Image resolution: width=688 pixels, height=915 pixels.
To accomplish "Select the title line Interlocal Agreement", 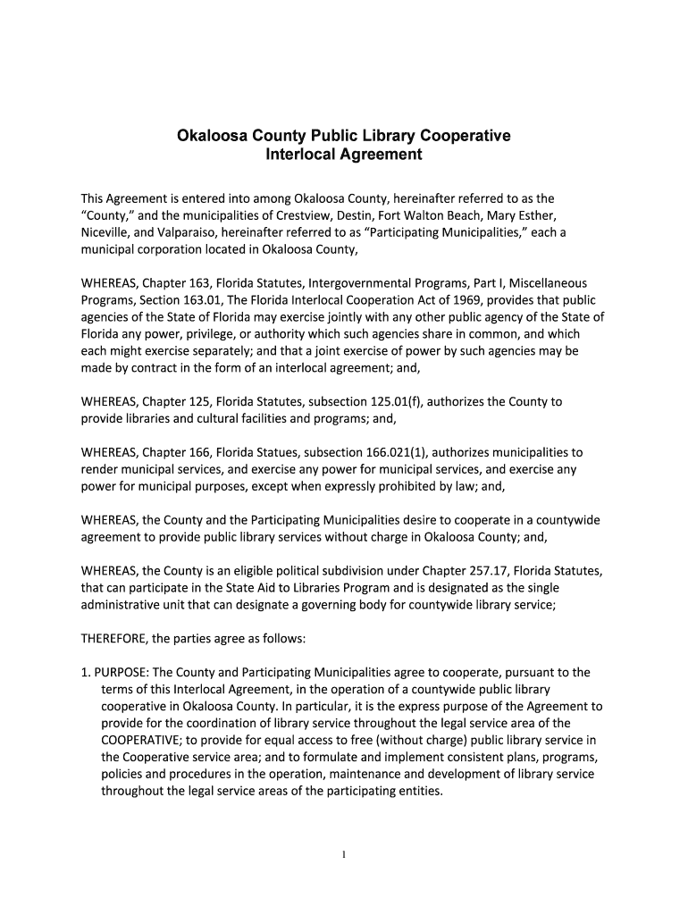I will point(344,155).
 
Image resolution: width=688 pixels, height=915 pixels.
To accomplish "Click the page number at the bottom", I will point(344,854).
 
